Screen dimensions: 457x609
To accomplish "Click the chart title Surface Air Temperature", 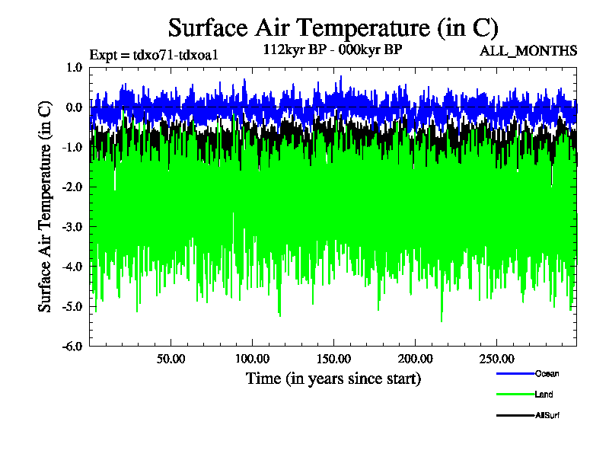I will [x=333, y=28].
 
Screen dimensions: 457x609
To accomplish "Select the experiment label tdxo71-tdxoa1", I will [x=155, y=54].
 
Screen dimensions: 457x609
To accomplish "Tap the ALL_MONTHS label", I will [x=528, y=51].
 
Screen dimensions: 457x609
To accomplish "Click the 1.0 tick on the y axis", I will [x=75, y=68].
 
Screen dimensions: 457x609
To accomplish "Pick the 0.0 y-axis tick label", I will [x=75, y=107].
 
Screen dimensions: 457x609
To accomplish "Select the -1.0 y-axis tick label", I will [x=73, y=147].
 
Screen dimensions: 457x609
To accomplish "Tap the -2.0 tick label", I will [x=73, y=187].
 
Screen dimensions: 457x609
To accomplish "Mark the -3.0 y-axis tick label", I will [x=73, y=226].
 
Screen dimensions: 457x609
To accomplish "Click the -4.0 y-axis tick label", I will [x=73, y=266].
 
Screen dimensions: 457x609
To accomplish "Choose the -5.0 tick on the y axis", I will [x=73, y=305].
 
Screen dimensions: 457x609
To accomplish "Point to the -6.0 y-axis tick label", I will [x=73, y=345].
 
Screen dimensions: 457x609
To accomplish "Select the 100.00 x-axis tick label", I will [x=252, y=358].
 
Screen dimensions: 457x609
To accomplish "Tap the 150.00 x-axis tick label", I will [x=333, y=358].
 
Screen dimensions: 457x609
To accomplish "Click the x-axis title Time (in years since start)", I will [x=333, y=378].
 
